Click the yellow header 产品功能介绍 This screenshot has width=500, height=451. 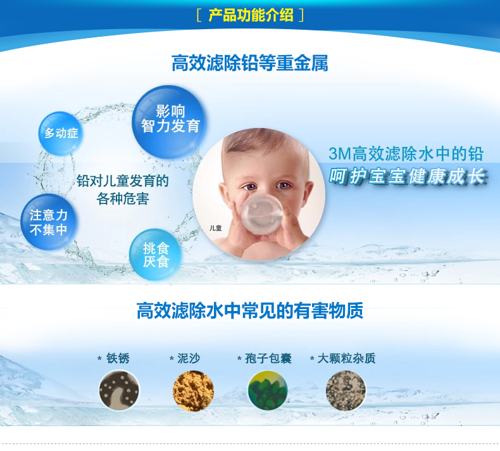click(x=251, y=15)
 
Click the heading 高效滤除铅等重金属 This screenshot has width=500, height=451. click(x=249, y=63)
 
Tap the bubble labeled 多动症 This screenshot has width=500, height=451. click(x=61, y=133)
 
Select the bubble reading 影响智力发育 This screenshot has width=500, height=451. click(x=170, y=122)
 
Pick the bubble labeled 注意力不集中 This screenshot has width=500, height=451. click(x=49, y=222)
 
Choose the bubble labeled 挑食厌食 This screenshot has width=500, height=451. click(x=156, y=255)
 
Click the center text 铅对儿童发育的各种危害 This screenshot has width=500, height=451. click(x=123, y=189)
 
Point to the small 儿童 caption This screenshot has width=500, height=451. click(x=216, y=228)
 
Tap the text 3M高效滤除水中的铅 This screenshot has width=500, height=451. click(x=406, y=154)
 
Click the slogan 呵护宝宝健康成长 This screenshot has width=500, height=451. click(x=408, y=176)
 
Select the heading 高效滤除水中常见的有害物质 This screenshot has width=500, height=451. click(x=249, y=310)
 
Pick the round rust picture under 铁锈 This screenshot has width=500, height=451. click(x=119, y=390)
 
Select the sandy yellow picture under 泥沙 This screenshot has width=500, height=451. click(x=193, y=390)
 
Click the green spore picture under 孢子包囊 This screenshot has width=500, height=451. click(x=268, y=390)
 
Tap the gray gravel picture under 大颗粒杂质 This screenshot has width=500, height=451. click(x=346, y=390)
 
